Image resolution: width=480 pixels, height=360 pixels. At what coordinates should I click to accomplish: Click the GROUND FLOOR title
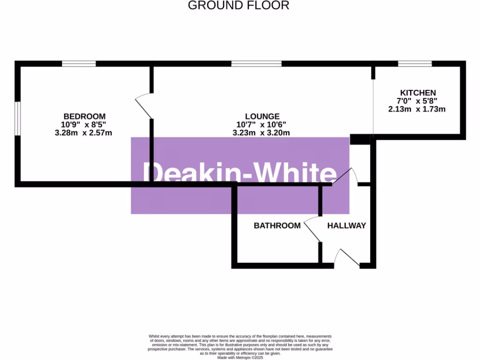tap(239, 6)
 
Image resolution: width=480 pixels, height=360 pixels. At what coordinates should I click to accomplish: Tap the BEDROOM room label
tap(84, 116)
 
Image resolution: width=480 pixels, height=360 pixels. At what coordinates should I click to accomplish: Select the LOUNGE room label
tap(262, 116)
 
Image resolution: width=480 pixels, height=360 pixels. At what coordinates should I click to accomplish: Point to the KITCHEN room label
tap(418, 93)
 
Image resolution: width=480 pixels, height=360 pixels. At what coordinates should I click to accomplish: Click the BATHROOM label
tap(277, 225)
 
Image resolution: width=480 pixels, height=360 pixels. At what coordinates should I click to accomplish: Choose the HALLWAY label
tap(346, 225)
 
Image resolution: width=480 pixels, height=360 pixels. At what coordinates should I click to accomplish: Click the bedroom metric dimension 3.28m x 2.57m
tap(83, 133)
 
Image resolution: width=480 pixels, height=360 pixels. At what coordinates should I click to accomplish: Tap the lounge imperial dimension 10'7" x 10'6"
tap(261, 125)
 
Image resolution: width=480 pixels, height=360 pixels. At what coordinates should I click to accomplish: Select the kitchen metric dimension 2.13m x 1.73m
tap(417, 109)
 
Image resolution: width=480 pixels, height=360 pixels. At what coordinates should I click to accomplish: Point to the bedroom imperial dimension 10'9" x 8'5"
tap(84, 125)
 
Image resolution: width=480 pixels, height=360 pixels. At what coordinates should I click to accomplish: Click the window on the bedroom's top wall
tap(79, 64)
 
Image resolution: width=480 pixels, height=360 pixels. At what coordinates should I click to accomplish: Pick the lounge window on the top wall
tap(256, 64)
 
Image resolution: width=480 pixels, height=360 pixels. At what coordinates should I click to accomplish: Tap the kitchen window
tap(415, 64)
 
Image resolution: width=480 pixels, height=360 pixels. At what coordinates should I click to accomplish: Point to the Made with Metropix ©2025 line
tap(240, 357)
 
